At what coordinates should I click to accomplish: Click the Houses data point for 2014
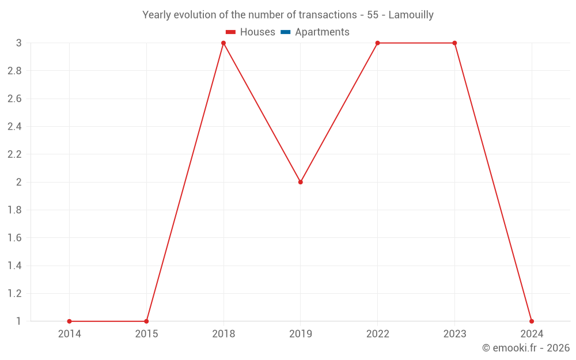69,321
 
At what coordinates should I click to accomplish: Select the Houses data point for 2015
146,321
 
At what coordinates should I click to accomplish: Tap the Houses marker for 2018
223,43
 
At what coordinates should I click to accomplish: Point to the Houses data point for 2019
301,182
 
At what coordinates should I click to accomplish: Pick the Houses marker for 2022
377,43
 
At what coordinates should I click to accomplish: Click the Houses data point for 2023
454,43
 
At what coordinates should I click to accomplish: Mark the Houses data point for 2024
532,321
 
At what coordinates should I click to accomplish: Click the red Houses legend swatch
231,32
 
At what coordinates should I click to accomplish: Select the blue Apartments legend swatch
286,32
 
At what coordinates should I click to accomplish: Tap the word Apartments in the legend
322,32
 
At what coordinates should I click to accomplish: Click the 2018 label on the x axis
223,334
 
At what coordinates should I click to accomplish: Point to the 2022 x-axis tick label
377,334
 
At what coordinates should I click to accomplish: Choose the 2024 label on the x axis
532,334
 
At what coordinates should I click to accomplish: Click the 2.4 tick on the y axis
14,127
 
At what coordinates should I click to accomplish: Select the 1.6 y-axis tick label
14,238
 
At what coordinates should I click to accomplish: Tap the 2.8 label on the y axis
14,71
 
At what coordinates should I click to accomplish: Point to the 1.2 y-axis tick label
14,294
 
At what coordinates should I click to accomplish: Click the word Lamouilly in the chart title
411,15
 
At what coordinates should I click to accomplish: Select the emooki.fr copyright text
526,348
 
